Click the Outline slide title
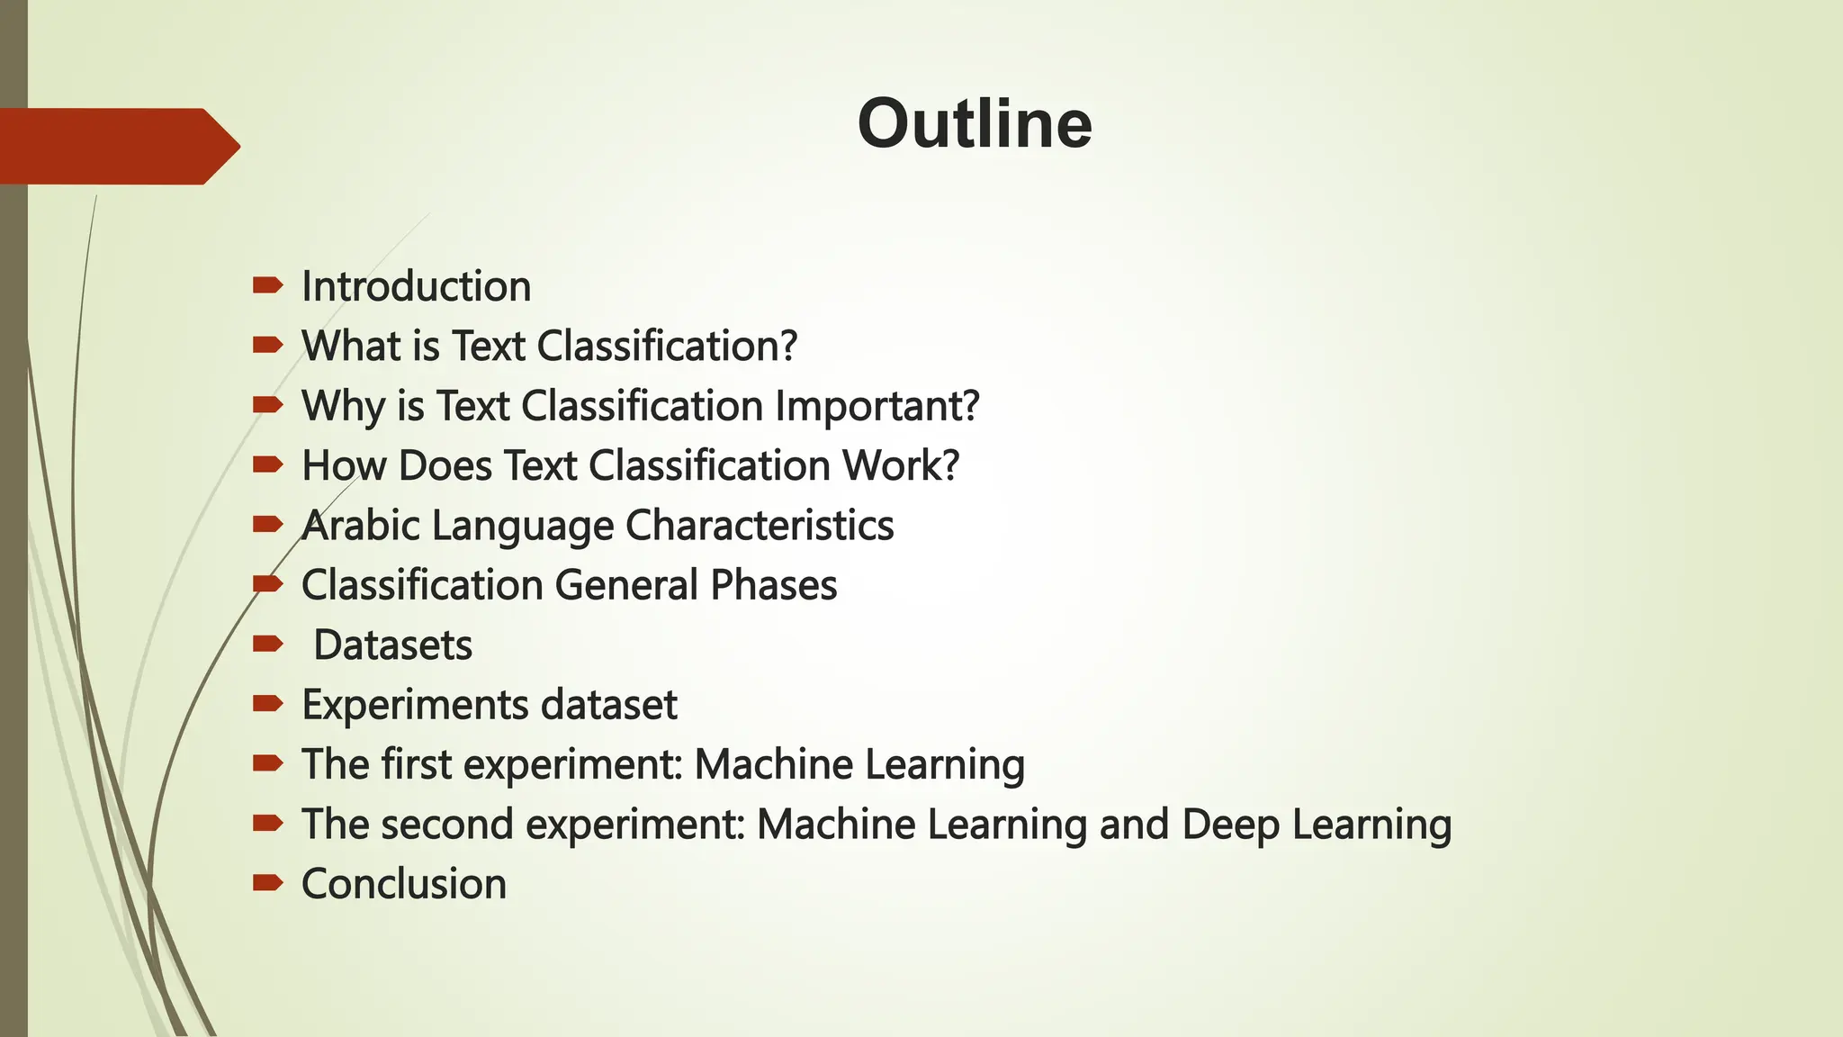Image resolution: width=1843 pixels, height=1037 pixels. click(975, 124)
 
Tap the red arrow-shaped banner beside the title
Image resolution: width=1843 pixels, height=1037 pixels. click(117, 147)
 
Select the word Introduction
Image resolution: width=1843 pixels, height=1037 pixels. click(416, 286)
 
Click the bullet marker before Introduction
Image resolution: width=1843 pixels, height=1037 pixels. click(268, 286)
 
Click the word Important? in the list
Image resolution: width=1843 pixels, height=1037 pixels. click(877, 406)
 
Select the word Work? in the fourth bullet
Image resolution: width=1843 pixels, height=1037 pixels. click(900, 466)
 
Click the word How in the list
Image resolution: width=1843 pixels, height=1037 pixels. click(344, 466)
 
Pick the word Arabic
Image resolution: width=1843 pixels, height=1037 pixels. click(360, 526)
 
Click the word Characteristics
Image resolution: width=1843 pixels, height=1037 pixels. click(760, 526)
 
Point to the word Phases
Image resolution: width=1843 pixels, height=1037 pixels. click(773, 585)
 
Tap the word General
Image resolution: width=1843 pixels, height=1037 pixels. click(626, 585)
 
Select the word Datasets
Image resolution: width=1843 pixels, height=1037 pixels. click(392, 645)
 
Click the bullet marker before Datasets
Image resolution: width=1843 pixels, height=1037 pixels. click(268, 644)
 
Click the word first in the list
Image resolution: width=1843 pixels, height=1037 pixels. click(416, 764)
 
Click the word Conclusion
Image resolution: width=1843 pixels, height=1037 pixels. click(404, 884)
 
